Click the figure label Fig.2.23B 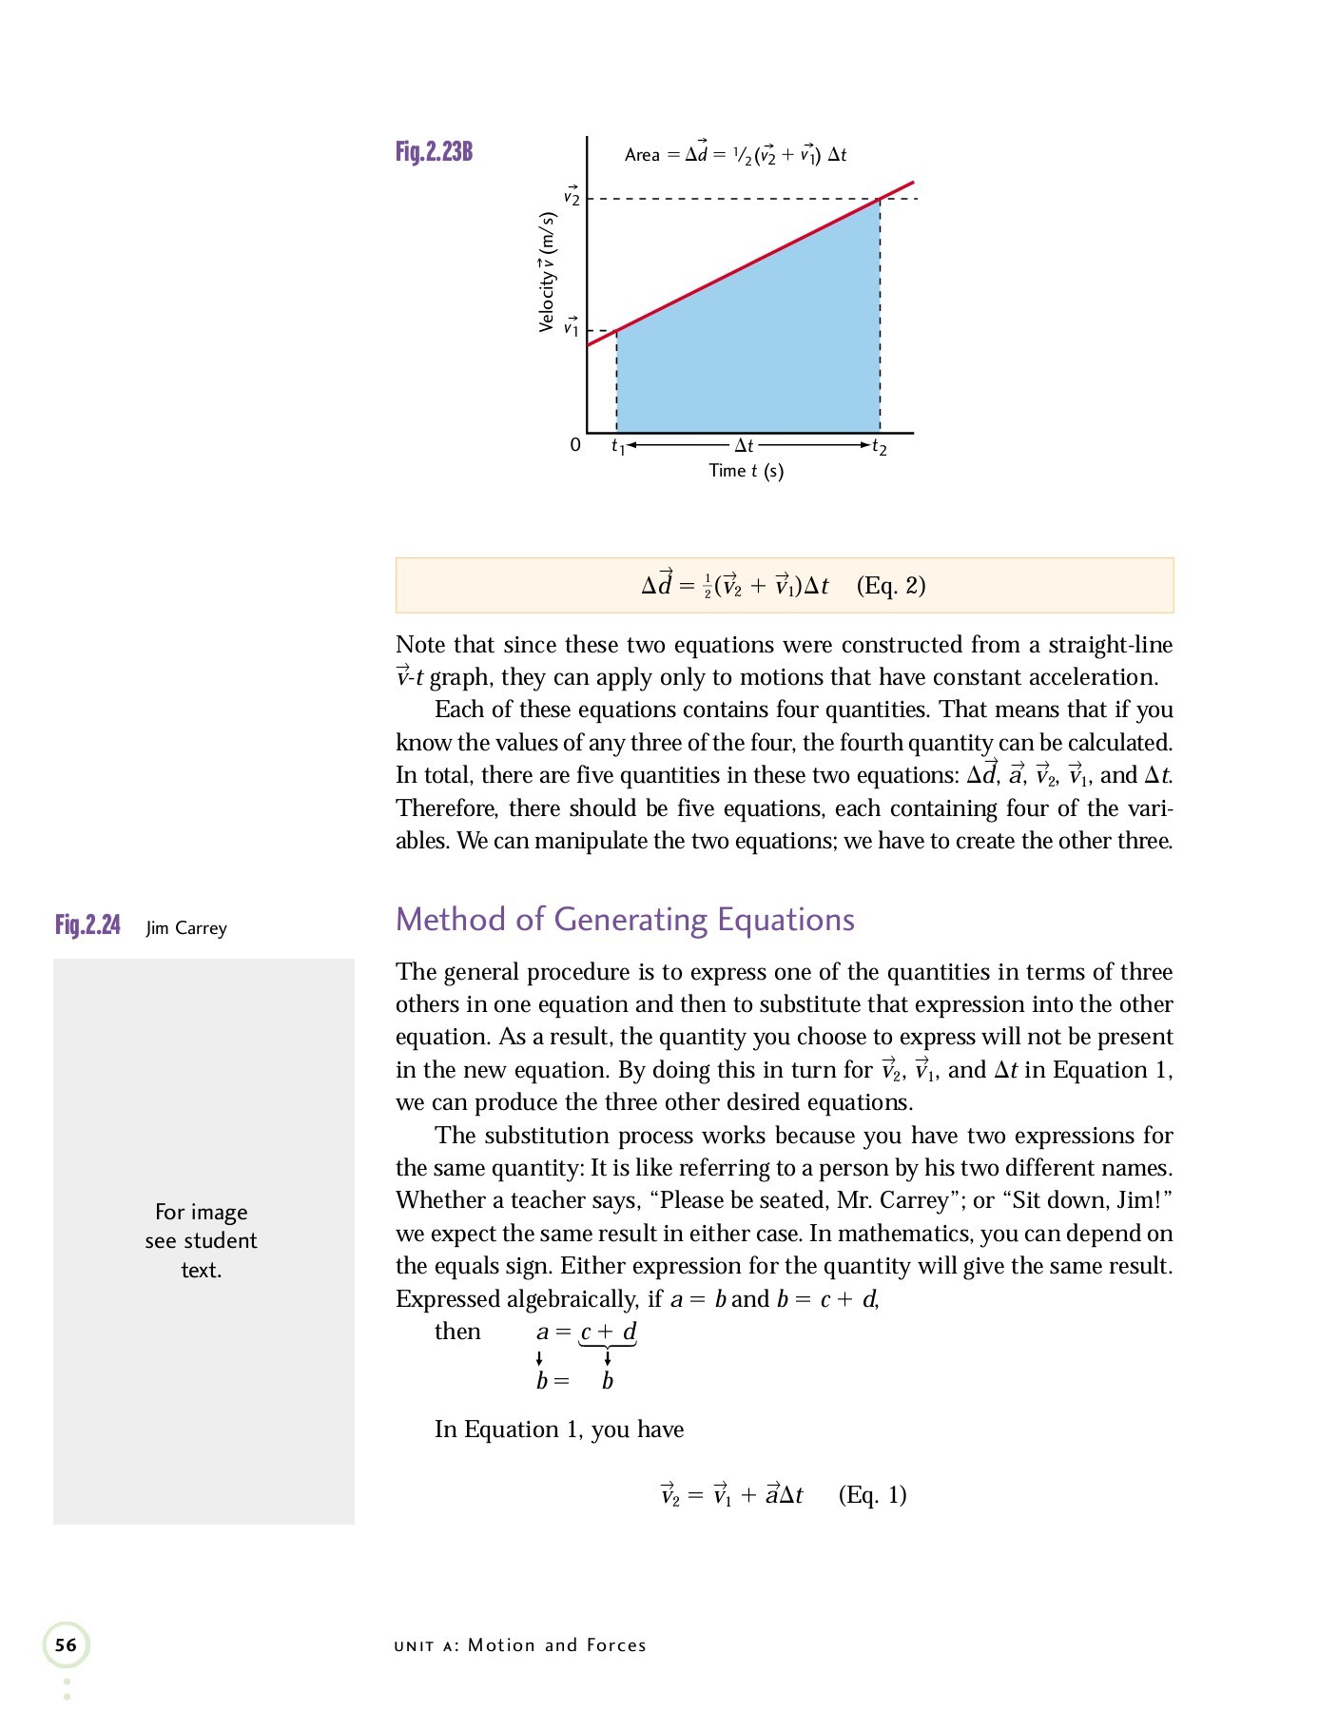[x=434, y=151]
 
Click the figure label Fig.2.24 [x=87, y=925]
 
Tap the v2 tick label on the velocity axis [x=571, y=197]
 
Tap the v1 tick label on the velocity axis [x=571, y=327]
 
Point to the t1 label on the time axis [x=618, y=446]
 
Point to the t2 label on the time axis [x=880, y=447]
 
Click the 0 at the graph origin [x=574, y=445]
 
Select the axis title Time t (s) [x=747, y=471]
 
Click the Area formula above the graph [x=735, y=154]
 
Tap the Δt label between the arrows [x=745, y=445]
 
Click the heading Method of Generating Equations [x=625, y=920]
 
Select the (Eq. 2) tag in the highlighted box [x=891, y=585]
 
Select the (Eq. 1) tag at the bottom [x=872, y=1495]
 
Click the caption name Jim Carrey [x=186, y=928]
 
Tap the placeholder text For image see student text [x=202, y=1240]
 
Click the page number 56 [x=66, y=1645]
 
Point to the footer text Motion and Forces [x=556, y=1645]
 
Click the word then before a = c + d [x=457, y=1332]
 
